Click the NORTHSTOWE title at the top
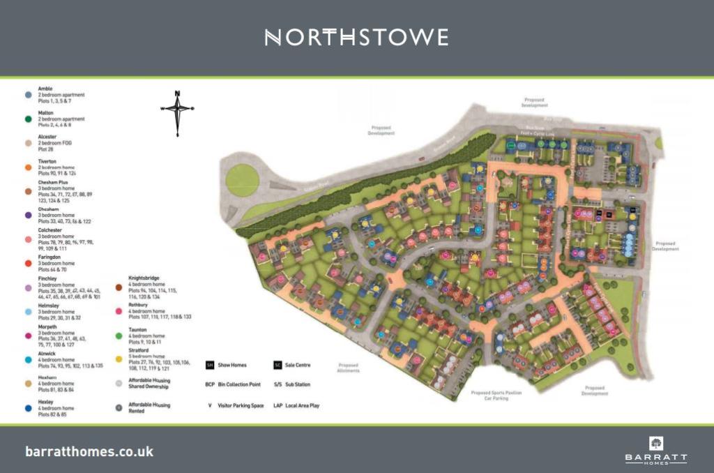[x=356, y=37]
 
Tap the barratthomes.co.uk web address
[x=89, y=451]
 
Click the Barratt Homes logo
[x=655, y=450]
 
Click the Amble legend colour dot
[x=29, y=94]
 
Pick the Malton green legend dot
[x=29, y=119]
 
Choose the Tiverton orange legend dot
[x=29, y=167]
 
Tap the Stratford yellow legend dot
[x=119, y=359]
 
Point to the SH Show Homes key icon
[x=209, y=365]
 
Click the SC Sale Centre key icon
[x=277, y=365]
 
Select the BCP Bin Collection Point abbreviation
[x=210, y=384]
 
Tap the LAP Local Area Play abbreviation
[x=278, y=405]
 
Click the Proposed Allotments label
[x=347, y=368]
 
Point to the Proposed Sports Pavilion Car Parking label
[x=496, y=396]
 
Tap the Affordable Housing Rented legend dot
[x=119, y=407]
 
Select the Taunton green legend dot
[x=119, y=335]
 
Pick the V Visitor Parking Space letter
[x=209, y=405]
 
